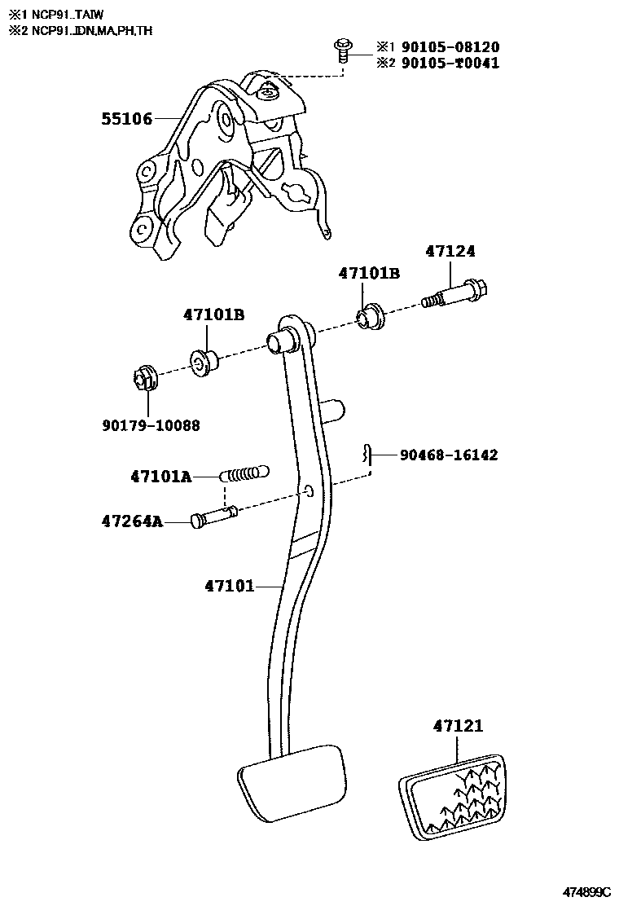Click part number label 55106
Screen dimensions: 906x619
coord(126,120)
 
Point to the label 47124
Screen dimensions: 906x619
coord(450,252)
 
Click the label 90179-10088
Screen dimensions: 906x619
coord(151,425)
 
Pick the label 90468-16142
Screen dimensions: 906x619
coord(448,455)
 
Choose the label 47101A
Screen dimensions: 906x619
coord(160,477)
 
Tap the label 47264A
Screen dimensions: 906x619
coord(132,520)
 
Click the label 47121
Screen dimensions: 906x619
coord(458,725)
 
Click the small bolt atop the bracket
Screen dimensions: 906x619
coord(341,48)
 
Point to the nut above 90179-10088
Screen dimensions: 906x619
coord(143,378)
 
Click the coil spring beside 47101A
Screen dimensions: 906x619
coord(244,473)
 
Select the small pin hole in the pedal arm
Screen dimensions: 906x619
coord(309,491)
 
